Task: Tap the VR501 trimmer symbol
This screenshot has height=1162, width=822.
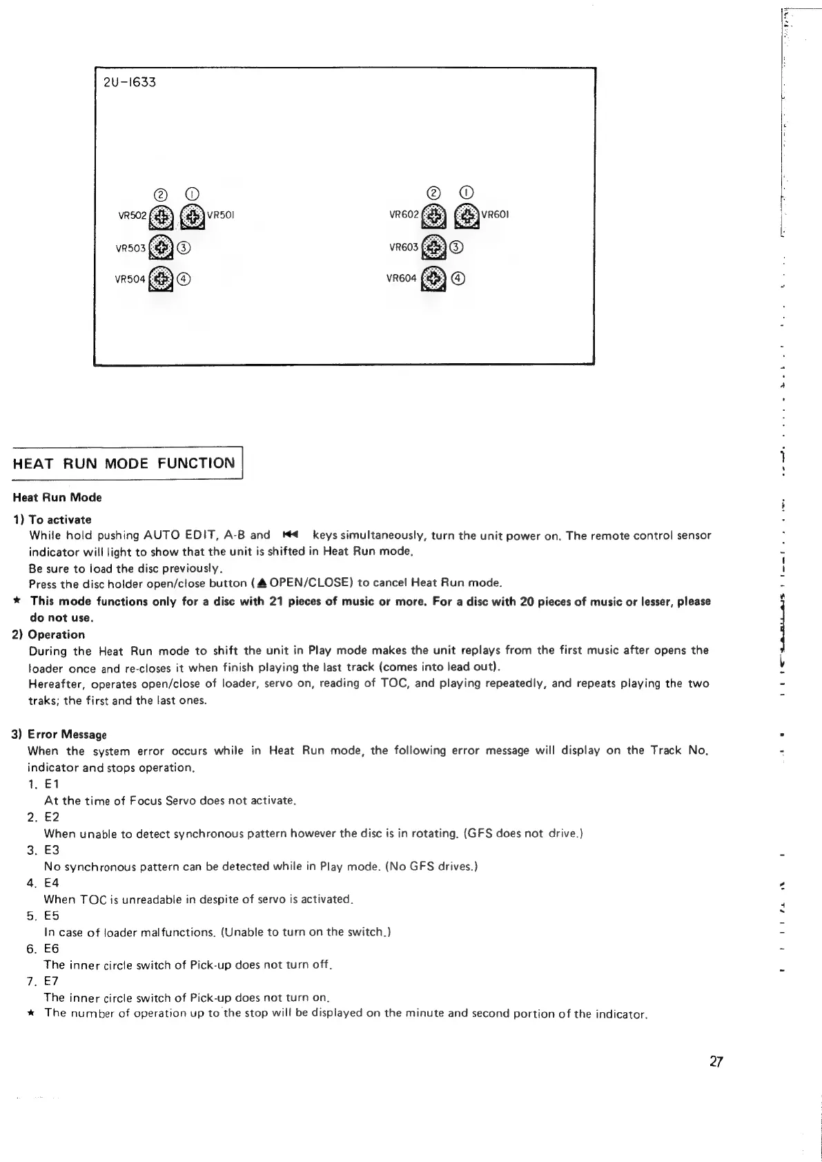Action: [192, 217]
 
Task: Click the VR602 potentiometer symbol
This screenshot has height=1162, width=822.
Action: [433, 217]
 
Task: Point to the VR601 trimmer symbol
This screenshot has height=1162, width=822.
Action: [468, 217]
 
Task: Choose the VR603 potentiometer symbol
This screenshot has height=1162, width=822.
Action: [433, 247]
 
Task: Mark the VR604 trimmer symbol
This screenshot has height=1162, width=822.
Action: [433, 279]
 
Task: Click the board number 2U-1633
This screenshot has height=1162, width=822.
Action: [129, 83]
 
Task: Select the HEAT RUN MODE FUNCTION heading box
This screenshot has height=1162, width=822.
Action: [124, 463]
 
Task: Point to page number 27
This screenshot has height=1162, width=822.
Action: [716, 1062]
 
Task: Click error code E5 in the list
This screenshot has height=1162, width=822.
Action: [52, 916]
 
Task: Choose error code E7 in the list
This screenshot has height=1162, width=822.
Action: [52, 981]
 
